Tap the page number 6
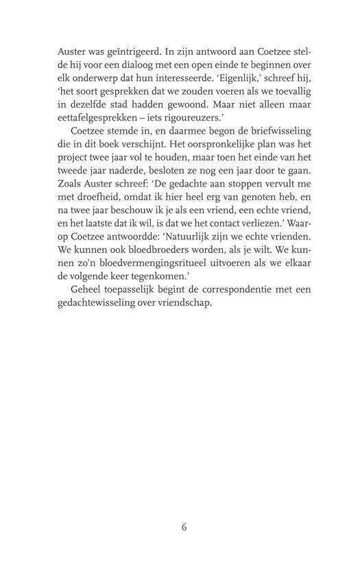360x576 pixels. [x=184, y=528]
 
